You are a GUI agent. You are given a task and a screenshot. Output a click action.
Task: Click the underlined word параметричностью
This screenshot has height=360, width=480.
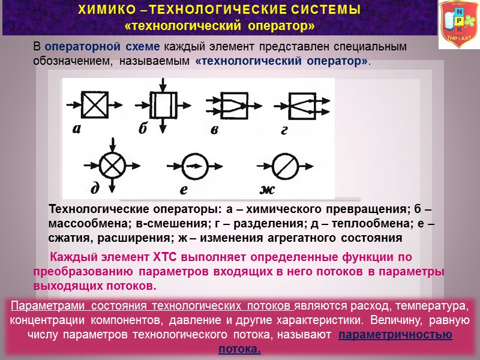point(395,335)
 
